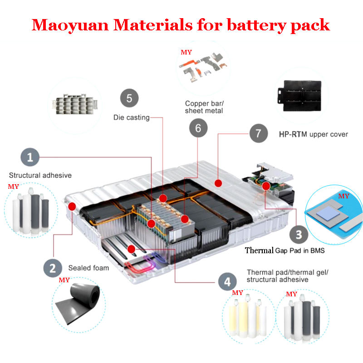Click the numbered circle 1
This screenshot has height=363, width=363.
(30, 157)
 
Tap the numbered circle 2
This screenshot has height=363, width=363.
(53, 267)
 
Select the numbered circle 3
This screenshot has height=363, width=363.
(299, 234)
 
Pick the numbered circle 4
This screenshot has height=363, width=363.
(227, 282)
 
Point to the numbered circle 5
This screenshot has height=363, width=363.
(129, 98)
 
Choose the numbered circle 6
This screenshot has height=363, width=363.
(198, 128)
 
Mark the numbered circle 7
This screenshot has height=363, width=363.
(259, 133)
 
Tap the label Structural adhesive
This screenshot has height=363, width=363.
(40, 175)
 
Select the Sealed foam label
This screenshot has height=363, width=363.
(88, 268)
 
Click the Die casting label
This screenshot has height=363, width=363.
(131, 118)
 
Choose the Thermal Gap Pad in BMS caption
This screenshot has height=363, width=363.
(285, 250)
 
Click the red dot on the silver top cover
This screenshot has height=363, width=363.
(218, 183)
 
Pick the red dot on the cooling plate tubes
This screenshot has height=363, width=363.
(131, 248)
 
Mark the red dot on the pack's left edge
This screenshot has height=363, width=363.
(71, 206)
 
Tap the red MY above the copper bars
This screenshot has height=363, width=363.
(186, 52)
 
